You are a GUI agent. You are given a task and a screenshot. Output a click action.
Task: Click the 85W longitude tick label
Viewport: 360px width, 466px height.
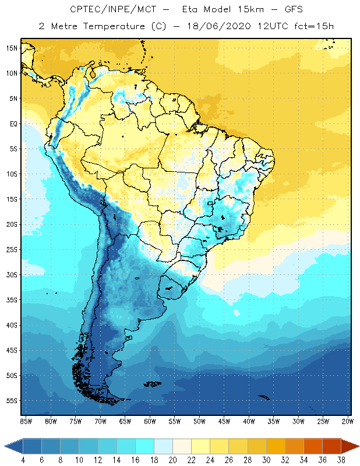[x=26, y=421]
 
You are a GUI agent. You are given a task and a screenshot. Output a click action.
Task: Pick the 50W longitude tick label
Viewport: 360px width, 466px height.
[x=199, y=421]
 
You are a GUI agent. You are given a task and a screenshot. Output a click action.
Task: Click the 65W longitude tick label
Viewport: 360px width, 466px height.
[x=125, y=421]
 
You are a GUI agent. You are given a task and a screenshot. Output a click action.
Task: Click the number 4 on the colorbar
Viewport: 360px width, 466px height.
[x=23, y=460]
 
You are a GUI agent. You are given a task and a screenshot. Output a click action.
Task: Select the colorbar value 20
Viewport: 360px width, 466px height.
[x=173, y=460]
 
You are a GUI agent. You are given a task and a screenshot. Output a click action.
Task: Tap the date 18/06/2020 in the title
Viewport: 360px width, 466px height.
[x=215, y=26]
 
